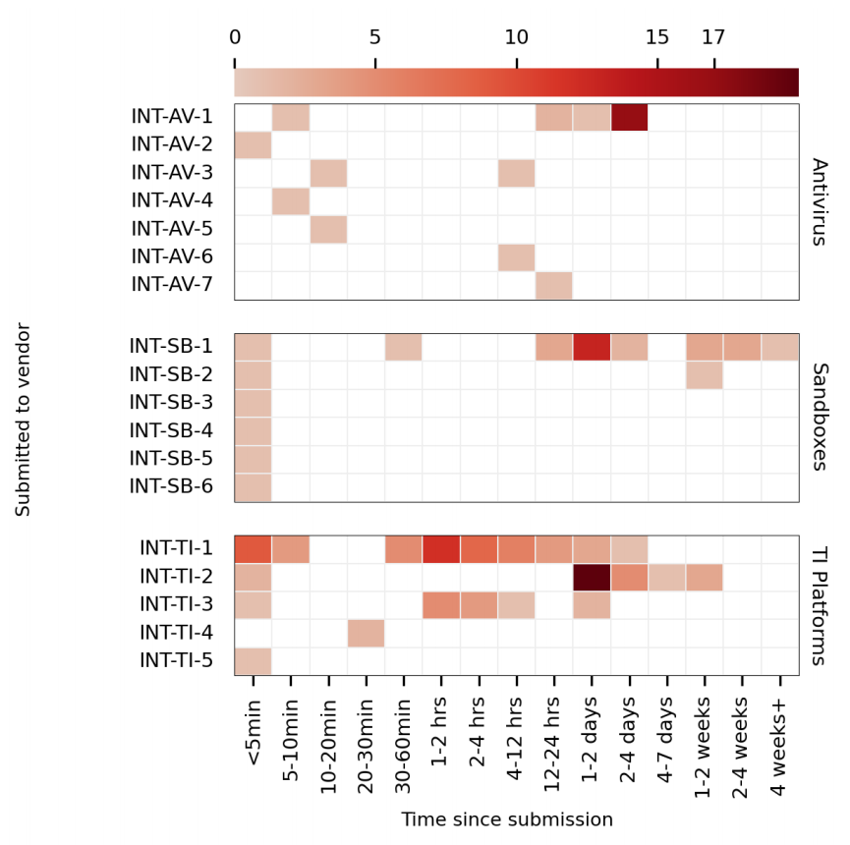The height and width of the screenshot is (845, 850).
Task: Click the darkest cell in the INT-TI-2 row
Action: coord(592,577)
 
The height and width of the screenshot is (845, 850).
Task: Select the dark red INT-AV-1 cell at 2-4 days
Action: coord(629,117)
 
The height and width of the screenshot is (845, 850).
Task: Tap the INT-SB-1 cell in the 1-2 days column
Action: coord(592,347)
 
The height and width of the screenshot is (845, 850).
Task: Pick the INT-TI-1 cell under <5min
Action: coord(253,549)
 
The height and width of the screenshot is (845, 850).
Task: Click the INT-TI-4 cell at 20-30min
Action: coord(366,633)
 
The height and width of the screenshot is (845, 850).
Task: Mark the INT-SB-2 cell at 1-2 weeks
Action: coord(705,374)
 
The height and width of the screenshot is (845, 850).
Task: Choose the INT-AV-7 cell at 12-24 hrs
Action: coord(554,285)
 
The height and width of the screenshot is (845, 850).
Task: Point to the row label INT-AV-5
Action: coord(172,229)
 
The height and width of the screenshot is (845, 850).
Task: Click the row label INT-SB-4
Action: coord(171,430)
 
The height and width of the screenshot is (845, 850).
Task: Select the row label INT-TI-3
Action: coord(176,604)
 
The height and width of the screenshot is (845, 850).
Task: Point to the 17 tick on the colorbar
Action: coord(713,38)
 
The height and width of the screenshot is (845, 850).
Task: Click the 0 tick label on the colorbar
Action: coord(235,38)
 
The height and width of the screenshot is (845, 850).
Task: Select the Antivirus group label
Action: coord(820,201)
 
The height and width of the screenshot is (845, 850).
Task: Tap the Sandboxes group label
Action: coord(820,417)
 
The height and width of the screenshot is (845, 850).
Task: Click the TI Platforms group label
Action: coord(820,605)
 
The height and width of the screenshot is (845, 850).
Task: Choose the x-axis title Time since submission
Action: coord(506,820)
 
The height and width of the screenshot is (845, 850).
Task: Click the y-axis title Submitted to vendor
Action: coord(24,420)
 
